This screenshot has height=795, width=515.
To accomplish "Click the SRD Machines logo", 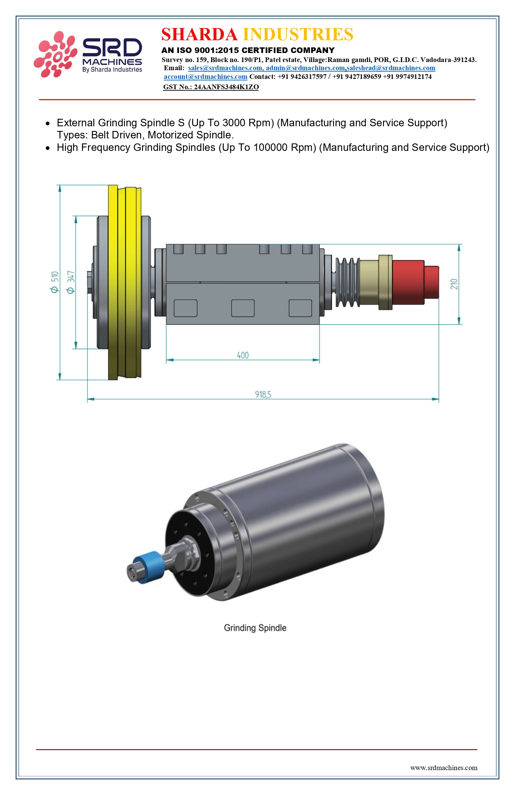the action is point(88,54).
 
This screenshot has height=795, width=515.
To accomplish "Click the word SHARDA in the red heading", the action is point(199,34).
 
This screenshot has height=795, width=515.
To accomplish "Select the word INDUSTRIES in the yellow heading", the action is point(298,34).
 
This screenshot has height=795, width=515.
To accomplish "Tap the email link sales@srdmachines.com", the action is point(225,68).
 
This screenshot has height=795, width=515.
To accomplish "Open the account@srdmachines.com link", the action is point(206,77).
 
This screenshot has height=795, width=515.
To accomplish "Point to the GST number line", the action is point(211,87).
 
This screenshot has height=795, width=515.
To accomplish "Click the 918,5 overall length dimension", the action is point(263,394).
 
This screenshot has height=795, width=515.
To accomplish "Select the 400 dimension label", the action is point(243,355).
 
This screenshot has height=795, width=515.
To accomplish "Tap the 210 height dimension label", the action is point(454,284).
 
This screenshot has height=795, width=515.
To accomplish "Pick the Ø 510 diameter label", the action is point(55,282).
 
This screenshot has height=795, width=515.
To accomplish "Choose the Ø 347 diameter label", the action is point(71,282).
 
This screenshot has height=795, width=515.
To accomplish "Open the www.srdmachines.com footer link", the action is point(444,768).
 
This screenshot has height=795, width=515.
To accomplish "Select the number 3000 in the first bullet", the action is point(234,123).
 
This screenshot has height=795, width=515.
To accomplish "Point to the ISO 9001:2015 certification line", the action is point(248,51).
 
